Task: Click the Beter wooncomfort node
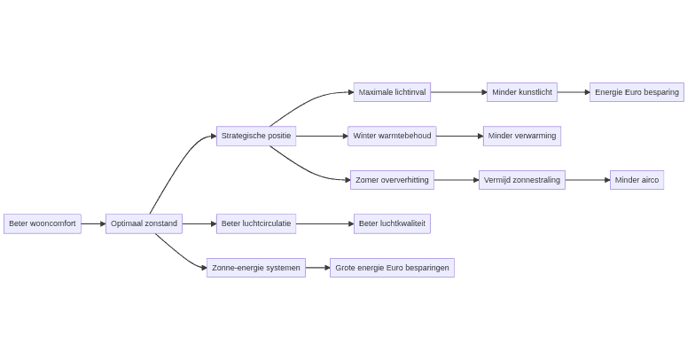pos(43,223)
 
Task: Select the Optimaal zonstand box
pos(144,223)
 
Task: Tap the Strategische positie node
pos(256,136)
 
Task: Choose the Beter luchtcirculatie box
pos(256,223)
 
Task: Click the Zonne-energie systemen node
pos(256,268)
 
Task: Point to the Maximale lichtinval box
pos(392,92)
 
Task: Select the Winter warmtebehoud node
pos(392,136)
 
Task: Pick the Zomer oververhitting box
pos(392,180)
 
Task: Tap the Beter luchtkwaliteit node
pos(392,223)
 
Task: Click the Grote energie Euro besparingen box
pos(392,268)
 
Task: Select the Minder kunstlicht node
pos(522,92)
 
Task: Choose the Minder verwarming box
pos(522,136)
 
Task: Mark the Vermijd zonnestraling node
pos(522,180)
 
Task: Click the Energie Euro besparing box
pos(636,92)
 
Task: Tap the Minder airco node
pos(636,180)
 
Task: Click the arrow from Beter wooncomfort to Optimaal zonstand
pos(93,223)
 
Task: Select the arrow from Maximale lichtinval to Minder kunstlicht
pos(458,92)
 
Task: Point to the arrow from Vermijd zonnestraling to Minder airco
pos(587,180)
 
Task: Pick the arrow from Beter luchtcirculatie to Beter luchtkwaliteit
pos(324,223)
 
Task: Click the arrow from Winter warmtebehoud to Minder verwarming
pos(459,136)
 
